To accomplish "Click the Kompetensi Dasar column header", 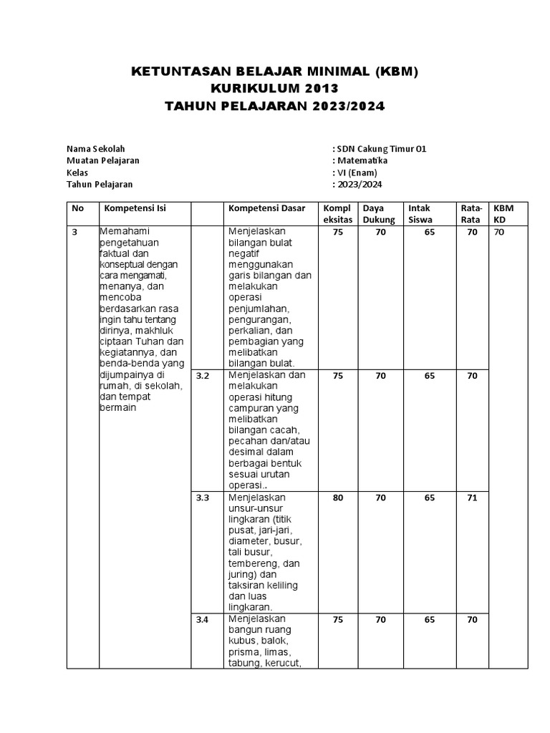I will (266, 208).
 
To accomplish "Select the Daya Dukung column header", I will (378, 214).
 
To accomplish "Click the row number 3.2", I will (203, 376).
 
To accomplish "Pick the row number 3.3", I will (203, 497).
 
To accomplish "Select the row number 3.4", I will (203, 621).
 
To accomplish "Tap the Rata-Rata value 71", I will (472, 497).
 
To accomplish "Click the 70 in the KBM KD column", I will (500, 233).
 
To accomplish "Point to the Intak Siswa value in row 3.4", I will (429, 621).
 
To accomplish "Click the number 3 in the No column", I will (74, 233).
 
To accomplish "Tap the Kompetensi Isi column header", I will (135, 208).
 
